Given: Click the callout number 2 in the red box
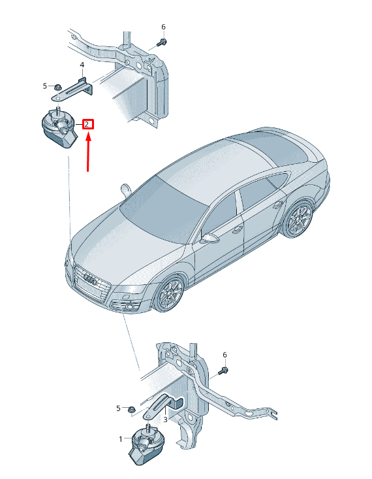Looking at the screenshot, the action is tap(87, 124).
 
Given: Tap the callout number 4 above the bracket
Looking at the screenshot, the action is tap(82, 65).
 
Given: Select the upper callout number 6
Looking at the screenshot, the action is tap(163, 27).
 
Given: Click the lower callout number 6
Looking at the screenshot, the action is tap(225, 355).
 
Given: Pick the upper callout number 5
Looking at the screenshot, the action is tap(45, 86).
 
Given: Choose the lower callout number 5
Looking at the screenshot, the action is tap(118, 408).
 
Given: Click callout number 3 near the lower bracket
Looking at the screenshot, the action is tap(165, 420).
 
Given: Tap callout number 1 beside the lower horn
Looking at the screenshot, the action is tap(121, 439).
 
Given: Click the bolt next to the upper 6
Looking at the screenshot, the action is tap(162, 42).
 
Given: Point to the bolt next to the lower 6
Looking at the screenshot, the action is tap(223, 371).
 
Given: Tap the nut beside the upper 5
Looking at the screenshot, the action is tap(57, 88).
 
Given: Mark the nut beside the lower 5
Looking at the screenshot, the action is tap(132, 409).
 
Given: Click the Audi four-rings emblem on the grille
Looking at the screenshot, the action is tap(91, 279).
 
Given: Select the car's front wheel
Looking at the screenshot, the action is tap(170, 293).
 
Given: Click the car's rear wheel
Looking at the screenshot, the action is tap(297, 219).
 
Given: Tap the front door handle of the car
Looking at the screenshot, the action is tap(238, 230).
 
